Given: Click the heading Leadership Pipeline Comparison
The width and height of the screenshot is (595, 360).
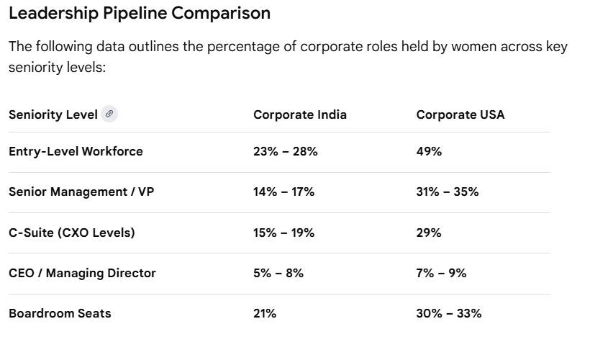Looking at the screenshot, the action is tap(140, 13).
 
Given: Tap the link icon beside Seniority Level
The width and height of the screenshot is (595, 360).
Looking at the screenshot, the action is tap(109, 114).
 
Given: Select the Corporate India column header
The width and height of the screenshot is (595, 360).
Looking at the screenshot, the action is tap(300, 114).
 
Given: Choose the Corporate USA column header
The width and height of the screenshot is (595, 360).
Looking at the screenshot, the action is tap(460, 114).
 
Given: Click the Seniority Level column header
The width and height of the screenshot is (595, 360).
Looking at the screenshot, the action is tap(53, 114).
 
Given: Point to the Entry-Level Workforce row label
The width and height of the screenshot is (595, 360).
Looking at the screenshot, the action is tap(76, 151).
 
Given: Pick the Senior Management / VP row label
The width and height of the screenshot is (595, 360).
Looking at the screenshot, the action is tap(81, 192).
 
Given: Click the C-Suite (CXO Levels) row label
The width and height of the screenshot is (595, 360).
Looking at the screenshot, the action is tap(72, 233).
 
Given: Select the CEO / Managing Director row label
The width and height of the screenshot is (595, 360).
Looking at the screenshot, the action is tap(82, 273).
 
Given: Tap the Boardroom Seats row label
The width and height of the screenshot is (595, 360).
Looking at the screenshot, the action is tap(60, 313).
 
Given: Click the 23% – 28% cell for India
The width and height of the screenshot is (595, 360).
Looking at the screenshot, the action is tap(286, 151).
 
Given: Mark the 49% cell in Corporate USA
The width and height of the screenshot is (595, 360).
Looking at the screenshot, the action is tap(429, 151).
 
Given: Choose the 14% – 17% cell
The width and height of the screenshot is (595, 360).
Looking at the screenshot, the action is tap(284, 192).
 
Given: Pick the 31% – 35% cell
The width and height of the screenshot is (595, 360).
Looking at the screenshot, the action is tap(448, 192).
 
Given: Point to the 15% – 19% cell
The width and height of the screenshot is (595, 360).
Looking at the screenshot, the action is tap(284, 233).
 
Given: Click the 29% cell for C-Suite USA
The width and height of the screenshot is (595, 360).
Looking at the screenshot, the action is tap(429, 233).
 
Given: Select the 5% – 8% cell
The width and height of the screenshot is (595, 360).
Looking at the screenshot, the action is tap(278, 273).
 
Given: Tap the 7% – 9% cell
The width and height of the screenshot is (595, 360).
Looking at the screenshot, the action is tap(441, 273).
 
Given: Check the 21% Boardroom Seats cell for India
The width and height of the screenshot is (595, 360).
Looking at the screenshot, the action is tap(265, 313).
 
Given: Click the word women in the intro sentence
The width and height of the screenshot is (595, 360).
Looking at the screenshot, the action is tap(474, 46).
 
